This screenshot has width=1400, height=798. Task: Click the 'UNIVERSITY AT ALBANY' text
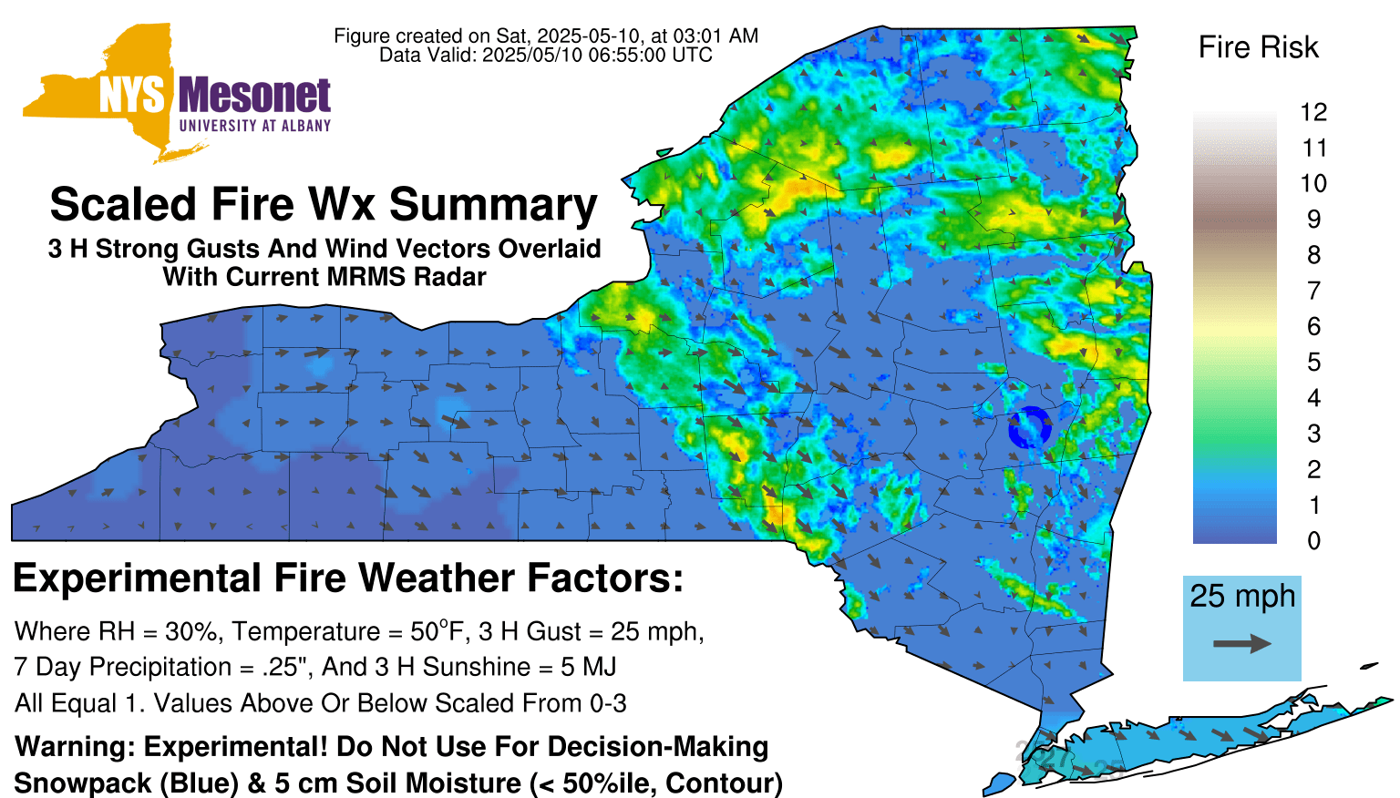point(255,126)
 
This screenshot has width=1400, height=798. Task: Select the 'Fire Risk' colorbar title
point(1258,46)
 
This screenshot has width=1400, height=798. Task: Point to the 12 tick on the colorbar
point(1313,112)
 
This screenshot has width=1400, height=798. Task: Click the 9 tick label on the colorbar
point(1313,220)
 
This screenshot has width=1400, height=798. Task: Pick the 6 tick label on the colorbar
point(1313,326)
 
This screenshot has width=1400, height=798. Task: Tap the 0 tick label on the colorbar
point(1313,541)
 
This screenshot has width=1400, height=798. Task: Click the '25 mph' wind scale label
point(1242,597)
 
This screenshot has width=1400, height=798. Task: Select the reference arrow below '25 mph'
point(1242,643)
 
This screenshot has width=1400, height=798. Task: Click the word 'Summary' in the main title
point(493,206)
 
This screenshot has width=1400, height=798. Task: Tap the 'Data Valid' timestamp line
point(546,55)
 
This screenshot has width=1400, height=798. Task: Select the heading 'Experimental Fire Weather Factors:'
point(348,578)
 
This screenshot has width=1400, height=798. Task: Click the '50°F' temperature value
point(438,631)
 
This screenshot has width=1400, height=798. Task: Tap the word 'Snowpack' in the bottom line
point(83,783)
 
